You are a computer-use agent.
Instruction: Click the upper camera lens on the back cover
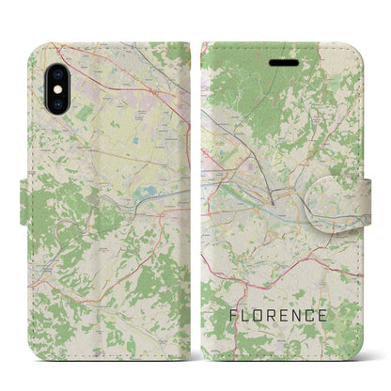55,71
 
